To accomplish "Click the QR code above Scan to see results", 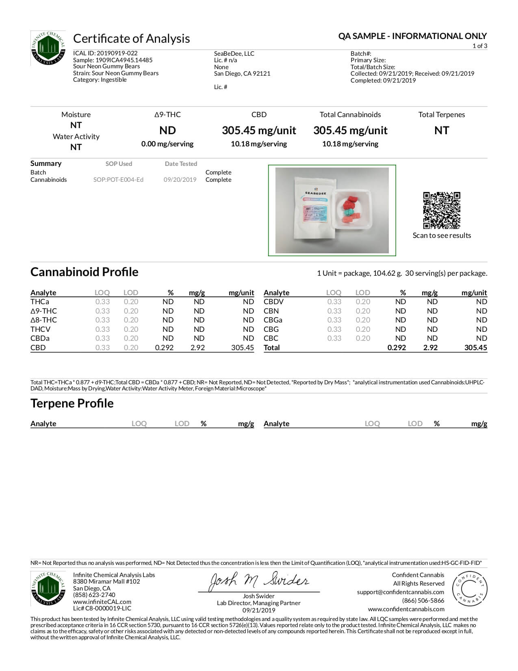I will [442, 210].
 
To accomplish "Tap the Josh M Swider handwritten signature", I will [259, 582].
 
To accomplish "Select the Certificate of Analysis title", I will [131, 39].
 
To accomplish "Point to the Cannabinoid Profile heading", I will [84, 272].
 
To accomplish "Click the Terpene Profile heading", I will [72, 403].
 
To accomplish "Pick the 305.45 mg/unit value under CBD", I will [259, 131].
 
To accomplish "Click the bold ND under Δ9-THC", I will [167, 131].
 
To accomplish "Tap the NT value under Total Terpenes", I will [442, 131].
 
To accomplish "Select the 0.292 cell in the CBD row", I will [164, 348].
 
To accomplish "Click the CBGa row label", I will [273, 320].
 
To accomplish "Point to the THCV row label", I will [40, 329].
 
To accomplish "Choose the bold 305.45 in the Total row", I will [475, 348].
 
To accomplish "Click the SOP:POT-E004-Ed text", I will [118, 180].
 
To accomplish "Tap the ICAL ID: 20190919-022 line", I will [105, 53].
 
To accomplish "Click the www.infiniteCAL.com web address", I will [102, 602].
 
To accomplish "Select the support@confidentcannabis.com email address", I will [400, 592].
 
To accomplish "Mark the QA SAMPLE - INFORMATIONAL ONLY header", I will [412, 36].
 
